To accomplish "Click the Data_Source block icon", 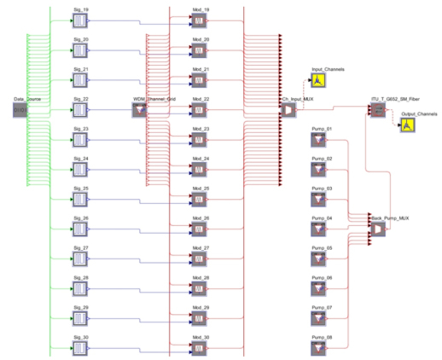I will (20, 110).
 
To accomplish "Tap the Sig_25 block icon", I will (80, 199).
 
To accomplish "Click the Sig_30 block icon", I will (80, 348).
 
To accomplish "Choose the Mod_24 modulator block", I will (199, 169).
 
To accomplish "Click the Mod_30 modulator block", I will (199, 348).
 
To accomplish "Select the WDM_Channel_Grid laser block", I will (139, 110).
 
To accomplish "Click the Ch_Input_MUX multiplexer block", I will (288, 110).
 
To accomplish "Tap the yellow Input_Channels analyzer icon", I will (318, 80).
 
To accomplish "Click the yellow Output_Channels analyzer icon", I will (407, 125).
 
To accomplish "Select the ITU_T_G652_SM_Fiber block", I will (378, 110).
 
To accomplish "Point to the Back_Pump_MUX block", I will (378, 229).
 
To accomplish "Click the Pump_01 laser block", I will (318, 139).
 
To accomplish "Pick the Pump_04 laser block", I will (318, 228).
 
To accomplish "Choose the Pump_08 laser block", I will (318, 348).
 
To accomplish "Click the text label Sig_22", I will (81, 99).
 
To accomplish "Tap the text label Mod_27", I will (200, 248).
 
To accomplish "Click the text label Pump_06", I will (321, 277).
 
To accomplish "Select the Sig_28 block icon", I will (80, 288).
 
